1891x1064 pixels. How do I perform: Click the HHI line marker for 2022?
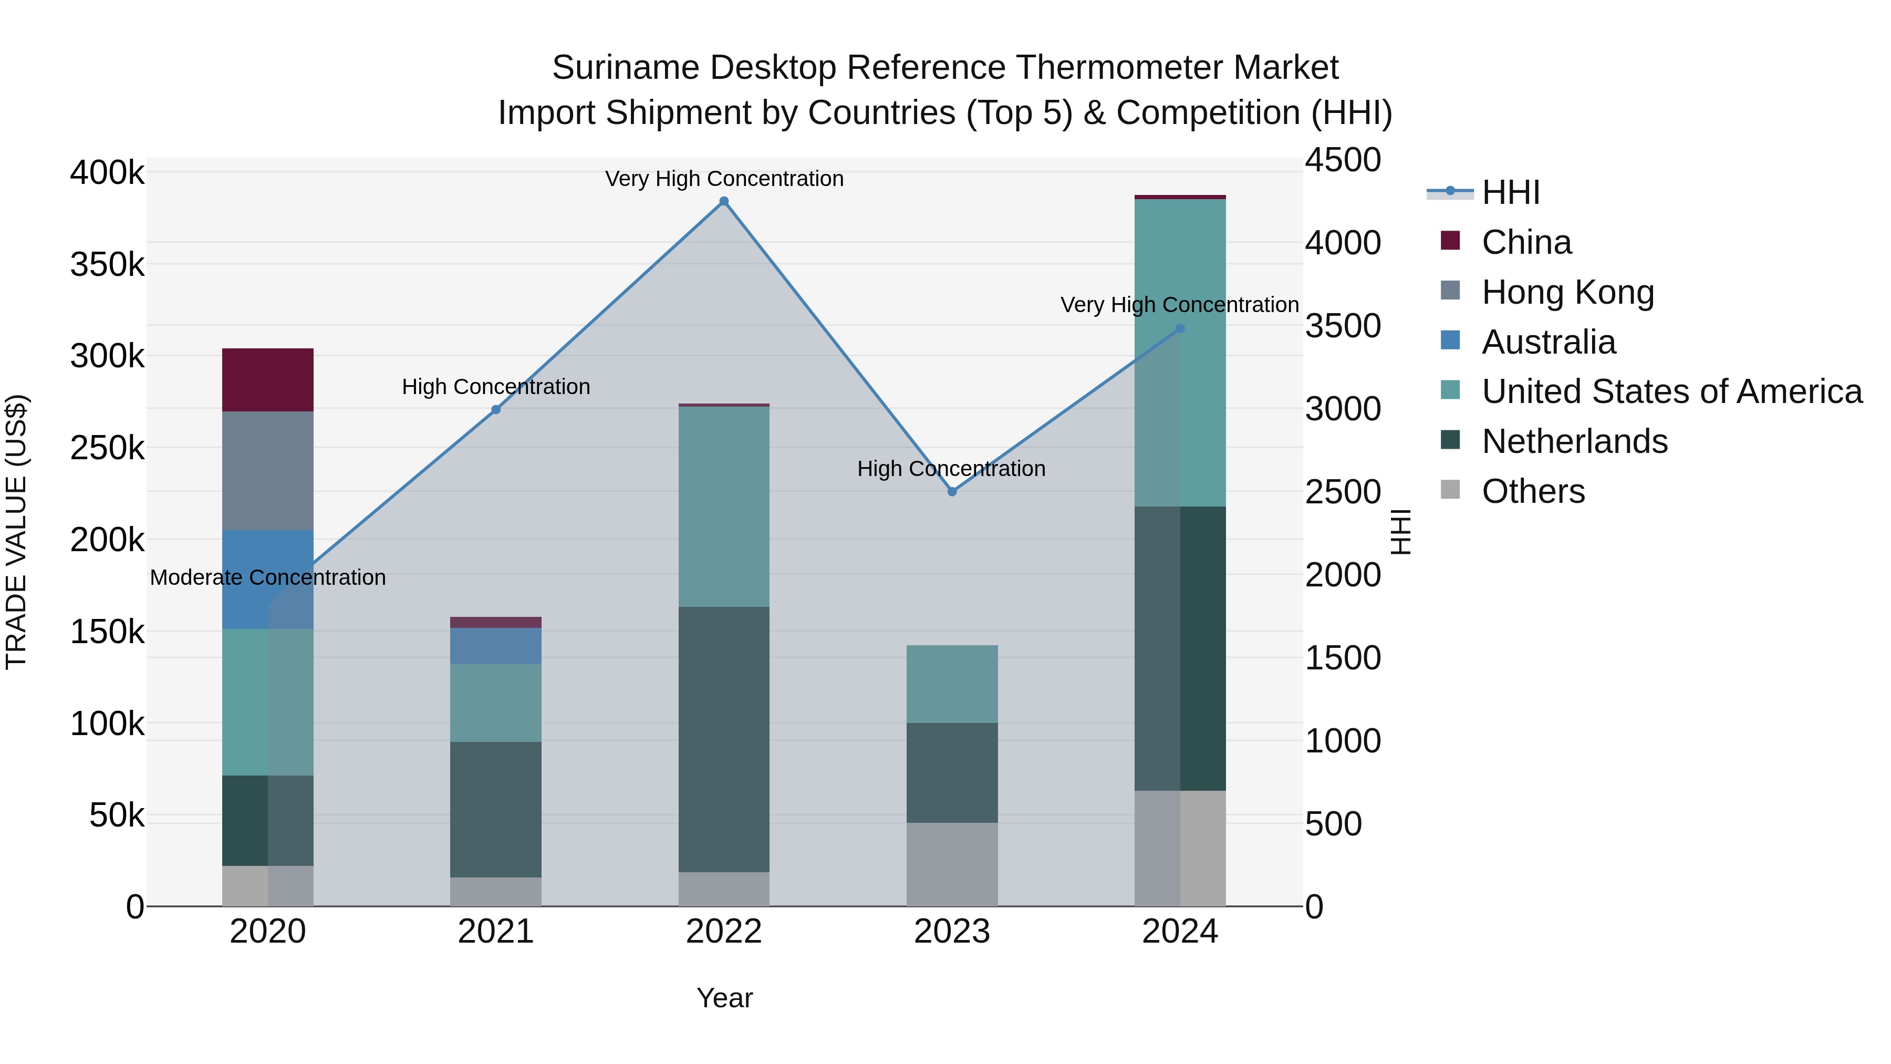tap(724, 201)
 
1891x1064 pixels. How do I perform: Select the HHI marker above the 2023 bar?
tap(952, 491)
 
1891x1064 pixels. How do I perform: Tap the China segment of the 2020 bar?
tap(268, 380)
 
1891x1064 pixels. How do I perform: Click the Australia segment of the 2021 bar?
tap(495, 645)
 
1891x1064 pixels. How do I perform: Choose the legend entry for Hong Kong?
tap(1567, 292)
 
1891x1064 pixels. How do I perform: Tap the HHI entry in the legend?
tap(1510, 192)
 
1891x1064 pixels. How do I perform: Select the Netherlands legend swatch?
tap(1450, 441)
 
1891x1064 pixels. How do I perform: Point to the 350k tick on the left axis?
tap(107, 264)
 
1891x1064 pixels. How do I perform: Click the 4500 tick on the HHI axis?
tap(1343, 160)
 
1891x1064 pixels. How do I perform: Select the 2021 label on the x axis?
tap(495, 932)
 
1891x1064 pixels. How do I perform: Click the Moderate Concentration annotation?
tap(268, 577)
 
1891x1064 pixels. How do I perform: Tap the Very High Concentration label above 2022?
tap(724, 179)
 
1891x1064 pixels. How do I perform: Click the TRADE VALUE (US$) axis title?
tap(16, 532)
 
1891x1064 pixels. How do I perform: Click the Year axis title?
tap(724, 998)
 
